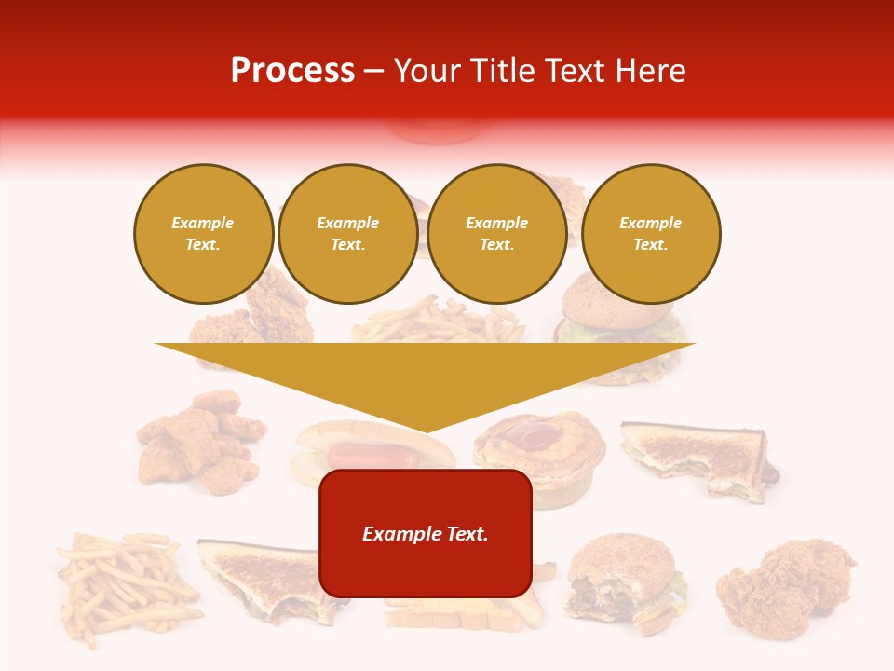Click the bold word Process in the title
(x=292, y=71)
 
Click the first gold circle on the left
(x=203, y=234)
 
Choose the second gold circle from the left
(x=347, y=234)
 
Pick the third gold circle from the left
(x=496, y=234)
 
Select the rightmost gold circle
(x=650, y=234)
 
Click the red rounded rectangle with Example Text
(x=426, y=533)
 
